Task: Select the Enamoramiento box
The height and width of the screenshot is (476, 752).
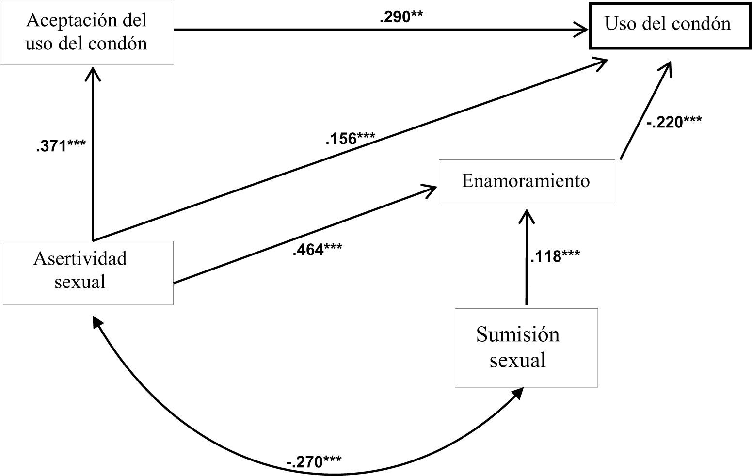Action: point(526,181)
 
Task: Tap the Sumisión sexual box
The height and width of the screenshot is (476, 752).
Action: point(526,348)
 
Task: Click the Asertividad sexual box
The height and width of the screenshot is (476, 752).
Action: point(87,272)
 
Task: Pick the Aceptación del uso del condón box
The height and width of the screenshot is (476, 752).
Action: point(86,32)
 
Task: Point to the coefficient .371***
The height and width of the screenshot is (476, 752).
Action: point(61,145)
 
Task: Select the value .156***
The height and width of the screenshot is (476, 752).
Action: point(350,139)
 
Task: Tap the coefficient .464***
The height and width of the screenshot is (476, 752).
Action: point(317,250)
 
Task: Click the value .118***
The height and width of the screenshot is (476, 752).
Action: point(555,256)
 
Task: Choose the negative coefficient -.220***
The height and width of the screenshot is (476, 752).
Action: point(673,122)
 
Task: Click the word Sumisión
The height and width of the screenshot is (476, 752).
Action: point(518,335)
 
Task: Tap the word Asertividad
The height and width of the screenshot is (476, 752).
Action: point(80,258)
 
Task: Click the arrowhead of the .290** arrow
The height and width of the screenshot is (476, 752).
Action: point(581,29)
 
